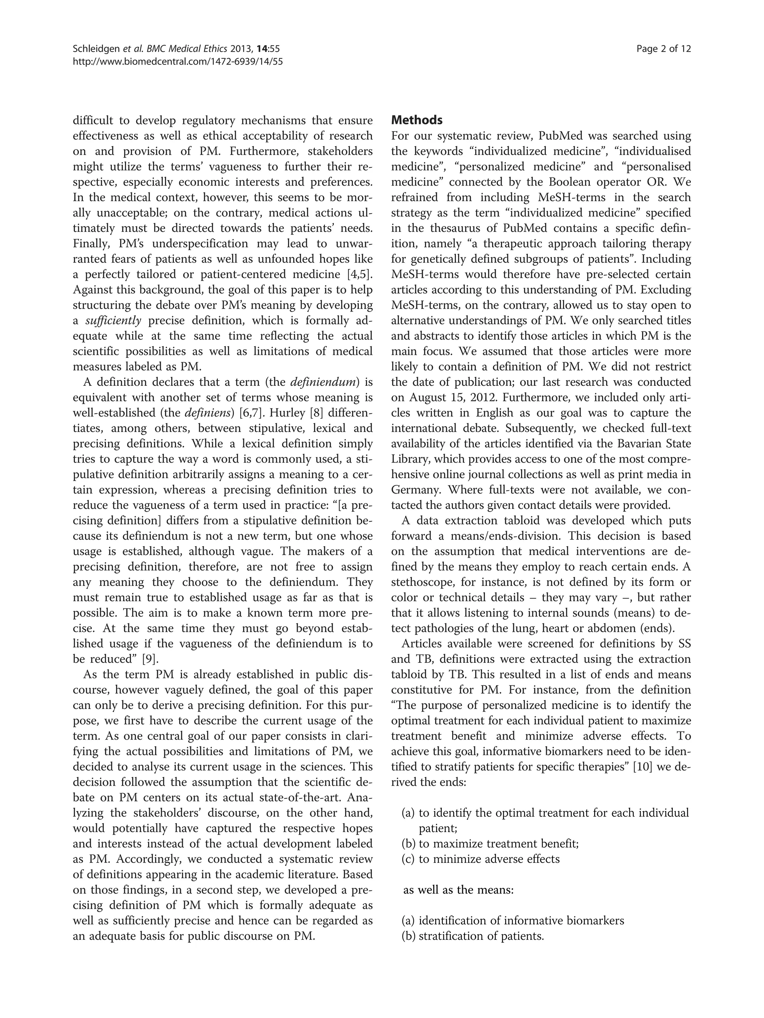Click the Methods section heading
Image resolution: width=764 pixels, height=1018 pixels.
coord(417,120)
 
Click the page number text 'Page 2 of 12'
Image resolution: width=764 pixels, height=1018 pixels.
coord(663,49)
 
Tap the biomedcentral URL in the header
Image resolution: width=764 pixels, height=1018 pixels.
coord(178,61)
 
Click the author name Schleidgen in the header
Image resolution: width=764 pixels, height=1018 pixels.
coord(93,49)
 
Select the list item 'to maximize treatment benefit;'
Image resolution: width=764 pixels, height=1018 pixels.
coord(498,844)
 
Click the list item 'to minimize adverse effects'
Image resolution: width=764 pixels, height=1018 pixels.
coord(489,859)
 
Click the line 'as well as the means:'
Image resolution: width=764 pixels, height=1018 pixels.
coord(458,890)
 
